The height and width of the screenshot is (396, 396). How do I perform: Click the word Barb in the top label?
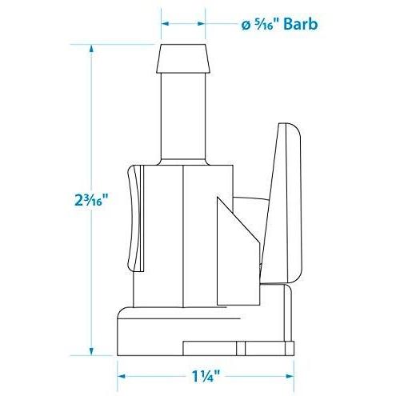(x=300, y=24)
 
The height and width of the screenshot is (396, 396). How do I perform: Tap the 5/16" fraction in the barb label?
(x=266, y=23)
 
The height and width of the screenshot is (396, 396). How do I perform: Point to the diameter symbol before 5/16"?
(x=246, y=26)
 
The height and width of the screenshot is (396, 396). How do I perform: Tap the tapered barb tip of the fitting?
(x=183, y=58)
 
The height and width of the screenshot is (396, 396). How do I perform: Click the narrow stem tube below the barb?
(x=183, y=116)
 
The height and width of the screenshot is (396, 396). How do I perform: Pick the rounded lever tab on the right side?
(x=282, y=202)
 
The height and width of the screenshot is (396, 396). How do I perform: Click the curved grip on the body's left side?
(x=134, y=218)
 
